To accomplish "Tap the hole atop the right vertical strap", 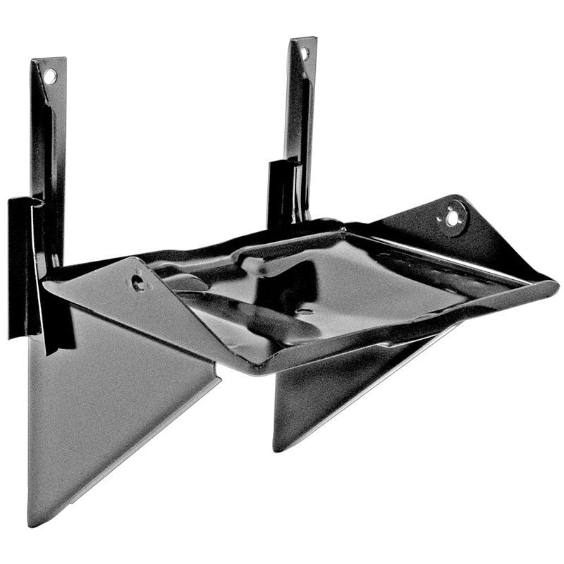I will [305, 53].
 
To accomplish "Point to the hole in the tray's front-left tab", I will [138, 283].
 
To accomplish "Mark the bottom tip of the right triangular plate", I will [277, 448].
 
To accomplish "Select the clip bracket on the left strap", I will [21, 268].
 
